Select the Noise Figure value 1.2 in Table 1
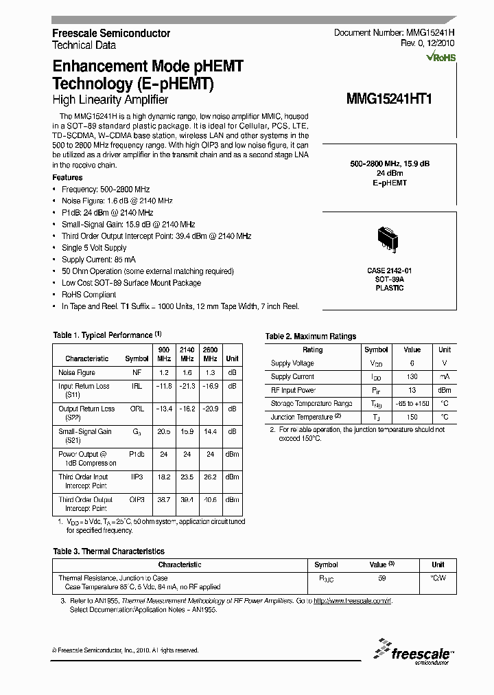165,372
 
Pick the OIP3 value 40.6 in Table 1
210,499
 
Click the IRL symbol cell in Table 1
137,386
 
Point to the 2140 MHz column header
187,354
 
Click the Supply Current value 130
412,376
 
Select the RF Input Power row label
293,390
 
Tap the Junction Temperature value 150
412,417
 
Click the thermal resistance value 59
382,578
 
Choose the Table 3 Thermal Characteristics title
108,551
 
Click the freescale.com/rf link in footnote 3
352,600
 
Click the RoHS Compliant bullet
89,295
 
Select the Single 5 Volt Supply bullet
94,247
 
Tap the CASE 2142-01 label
389,271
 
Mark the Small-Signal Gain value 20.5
165,431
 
